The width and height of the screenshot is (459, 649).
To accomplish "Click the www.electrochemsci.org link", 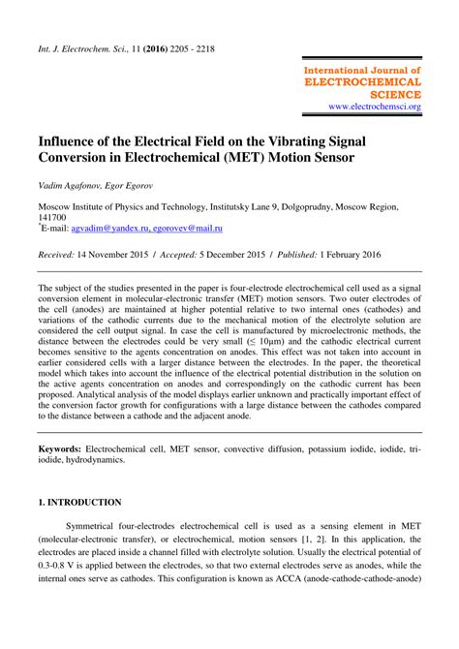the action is (374, 106).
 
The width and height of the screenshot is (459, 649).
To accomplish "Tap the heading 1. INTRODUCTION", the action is (79, 530).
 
